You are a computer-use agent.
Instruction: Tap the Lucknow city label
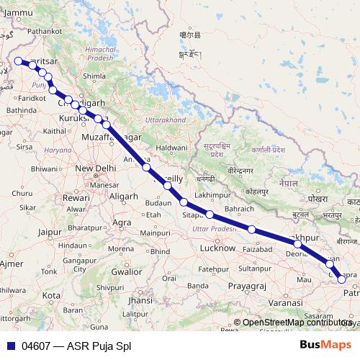[217, 248]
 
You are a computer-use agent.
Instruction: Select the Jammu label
[18, 12]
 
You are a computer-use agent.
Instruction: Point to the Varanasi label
[285, 303]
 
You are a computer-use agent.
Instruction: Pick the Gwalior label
[127, 271]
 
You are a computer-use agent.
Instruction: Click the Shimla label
[94, 75]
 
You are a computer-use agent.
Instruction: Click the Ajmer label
[11, 264]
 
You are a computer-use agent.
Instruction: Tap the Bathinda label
[22, 109]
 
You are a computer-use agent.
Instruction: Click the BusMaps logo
[325, 345]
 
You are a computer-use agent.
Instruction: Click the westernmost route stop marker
[18, 61]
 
